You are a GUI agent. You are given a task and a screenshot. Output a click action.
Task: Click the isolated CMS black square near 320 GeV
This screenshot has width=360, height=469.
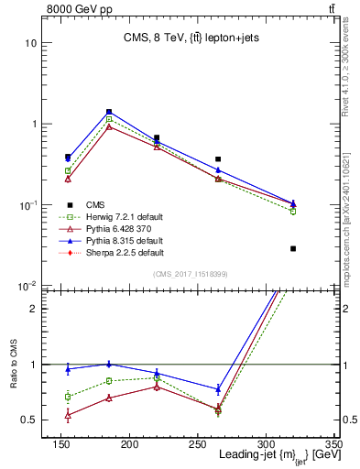tap(293, 248)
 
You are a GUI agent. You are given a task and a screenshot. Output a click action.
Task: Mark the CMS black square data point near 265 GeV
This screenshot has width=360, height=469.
tap(243, 159)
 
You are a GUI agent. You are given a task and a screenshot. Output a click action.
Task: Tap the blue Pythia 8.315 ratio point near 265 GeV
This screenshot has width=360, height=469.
tap(243, 389)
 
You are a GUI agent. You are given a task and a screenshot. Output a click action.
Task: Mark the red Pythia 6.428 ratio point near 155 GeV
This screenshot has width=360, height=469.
tap(68, 415)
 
